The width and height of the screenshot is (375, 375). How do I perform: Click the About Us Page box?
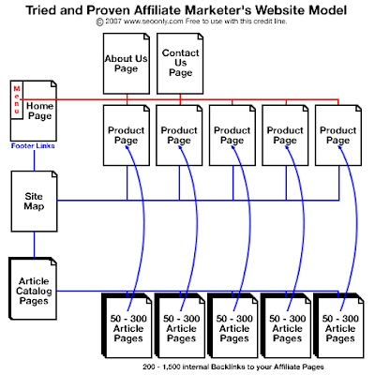point(127,64)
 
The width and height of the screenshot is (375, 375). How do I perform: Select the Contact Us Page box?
point(180,64)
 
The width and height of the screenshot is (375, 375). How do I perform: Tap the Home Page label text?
point(39,111)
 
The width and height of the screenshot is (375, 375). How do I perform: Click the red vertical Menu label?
point(17,100)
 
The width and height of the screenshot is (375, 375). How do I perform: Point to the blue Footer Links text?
point(33,146)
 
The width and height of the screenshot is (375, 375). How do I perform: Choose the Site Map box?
point(34,202)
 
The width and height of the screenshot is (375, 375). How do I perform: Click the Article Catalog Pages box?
point(33,289)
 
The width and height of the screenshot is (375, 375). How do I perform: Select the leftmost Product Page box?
point(127,135)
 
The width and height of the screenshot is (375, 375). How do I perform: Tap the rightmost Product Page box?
point(338,135)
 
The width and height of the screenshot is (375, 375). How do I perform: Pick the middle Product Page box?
point(232,135)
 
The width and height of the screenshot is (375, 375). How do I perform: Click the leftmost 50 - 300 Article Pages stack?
point(127,325)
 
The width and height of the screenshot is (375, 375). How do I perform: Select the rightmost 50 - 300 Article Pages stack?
point(339,325)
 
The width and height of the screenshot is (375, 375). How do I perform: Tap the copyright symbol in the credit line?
point(99,22)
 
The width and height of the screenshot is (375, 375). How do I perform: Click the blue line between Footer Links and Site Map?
point(34,160)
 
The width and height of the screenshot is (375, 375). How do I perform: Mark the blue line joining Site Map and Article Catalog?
point(34,245)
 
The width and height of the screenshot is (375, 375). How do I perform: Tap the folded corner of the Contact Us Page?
point(201,37)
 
